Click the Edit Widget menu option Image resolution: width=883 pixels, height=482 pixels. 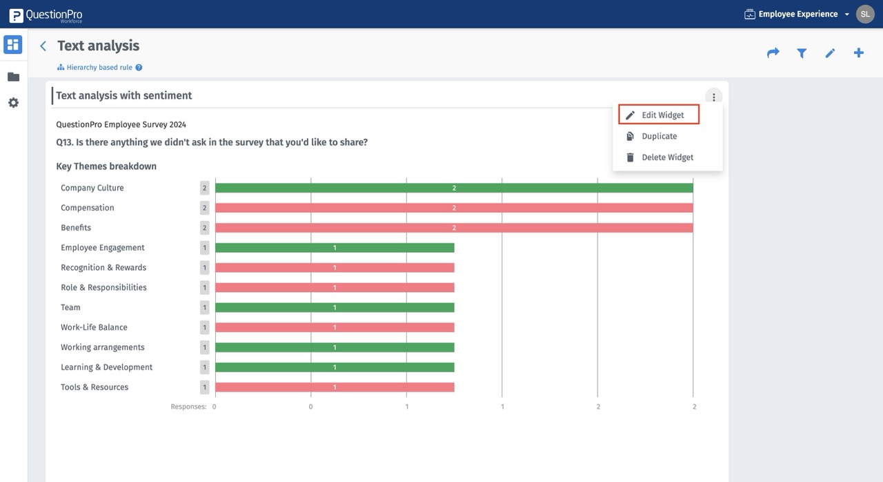pyautogui.click(x=659, y=115)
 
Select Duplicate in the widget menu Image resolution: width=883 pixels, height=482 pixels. pyautogui.click(x=659, y=136)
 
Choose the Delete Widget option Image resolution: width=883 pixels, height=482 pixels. pyautogui.click(x=667, y=157)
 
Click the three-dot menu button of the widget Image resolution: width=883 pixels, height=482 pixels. pyautogui.click(x=713, y=97)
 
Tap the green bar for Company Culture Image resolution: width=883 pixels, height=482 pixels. pyautogui.click(x=454, y=188)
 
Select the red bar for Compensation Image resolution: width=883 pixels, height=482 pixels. pyautogui.click(x=454, y=208)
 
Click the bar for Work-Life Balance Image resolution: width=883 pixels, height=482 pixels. pyautogui.click(x=335, y=327)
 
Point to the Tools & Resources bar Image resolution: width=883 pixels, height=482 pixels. pyautogui.click(x=335, y=387)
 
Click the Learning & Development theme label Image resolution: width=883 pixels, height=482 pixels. pyautogui.click(x=106, y=367)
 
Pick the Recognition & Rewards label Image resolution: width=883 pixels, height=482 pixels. pyautogui.click(x=103, y=268)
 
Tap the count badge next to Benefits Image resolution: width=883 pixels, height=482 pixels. pyautogui.click(x=204, y=228)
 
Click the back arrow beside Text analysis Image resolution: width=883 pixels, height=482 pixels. pyautogui.click(x=43, y=46)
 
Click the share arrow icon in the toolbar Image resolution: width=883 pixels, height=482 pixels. pyautogui.click(x=773, y=53)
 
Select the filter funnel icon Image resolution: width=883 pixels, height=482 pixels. pyautogui.click(x=802, y=53)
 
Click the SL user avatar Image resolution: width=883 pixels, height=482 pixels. pyautogui.click(x=865, y=14)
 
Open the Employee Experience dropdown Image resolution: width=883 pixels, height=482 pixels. pyautogui.click(x=797, y=14)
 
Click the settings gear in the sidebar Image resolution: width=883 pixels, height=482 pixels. pyautogui.click(x=13, y=103)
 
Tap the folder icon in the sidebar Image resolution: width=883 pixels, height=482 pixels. pyautogui.click(x=13, y=77)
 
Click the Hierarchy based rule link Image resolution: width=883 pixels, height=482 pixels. pyautogui.click(x=99, y=68)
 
